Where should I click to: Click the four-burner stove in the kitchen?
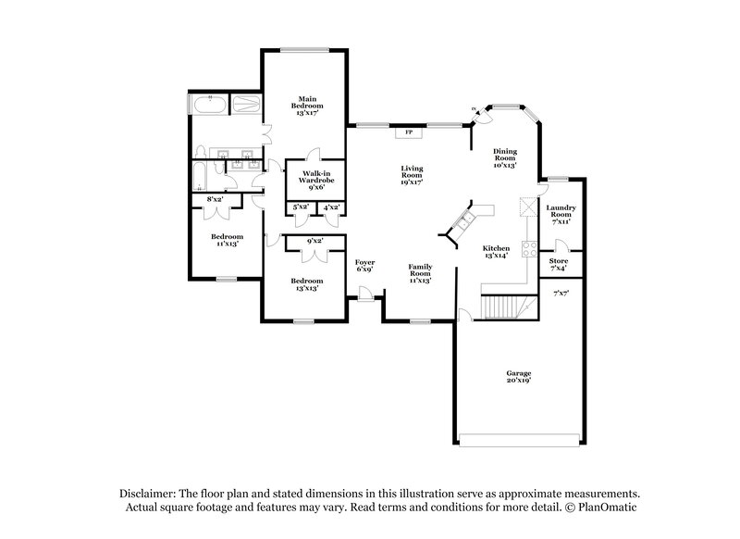point(531,248)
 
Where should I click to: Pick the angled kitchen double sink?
point(462,222)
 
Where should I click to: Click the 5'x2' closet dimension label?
point(299,207)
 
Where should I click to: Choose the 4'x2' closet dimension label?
point(329,207)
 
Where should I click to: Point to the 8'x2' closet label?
point(215,200)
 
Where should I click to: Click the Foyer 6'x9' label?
point(365,266)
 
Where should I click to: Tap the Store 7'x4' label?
point(558,265)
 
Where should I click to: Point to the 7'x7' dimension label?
point(560,294)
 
